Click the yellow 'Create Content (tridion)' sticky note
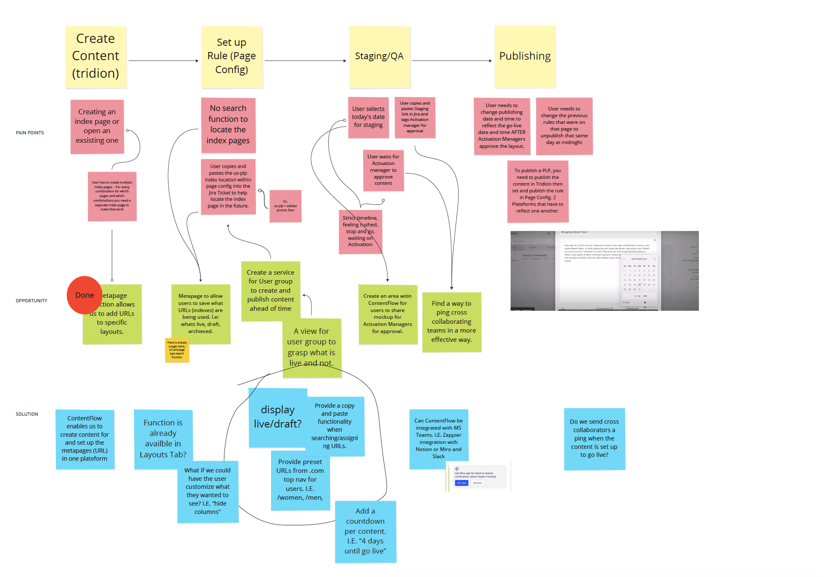point(96,57)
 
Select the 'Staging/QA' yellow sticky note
point(379,57)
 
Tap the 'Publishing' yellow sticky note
point(525,57)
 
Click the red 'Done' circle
point(84,295)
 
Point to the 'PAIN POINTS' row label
point(30,133)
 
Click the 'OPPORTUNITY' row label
point(32,301)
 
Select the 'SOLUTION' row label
point(27,414)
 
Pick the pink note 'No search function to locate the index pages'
point(228,125)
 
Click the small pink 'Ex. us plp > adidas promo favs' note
point(285,206)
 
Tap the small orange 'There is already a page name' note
point(177,350)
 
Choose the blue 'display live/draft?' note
point(277,417)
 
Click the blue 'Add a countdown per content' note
point(365,531)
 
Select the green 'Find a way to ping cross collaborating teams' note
point(451,322)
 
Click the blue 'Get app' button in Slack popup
point(461,483)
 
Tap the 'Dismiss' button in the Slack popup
point(477,483)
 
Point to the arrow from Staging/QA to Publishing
point(452,61)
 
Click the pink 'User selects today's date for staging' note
point(368,117)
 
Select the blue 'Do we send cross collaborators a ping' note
point(594,438)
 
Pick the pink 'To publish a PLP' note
point(538,191)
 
